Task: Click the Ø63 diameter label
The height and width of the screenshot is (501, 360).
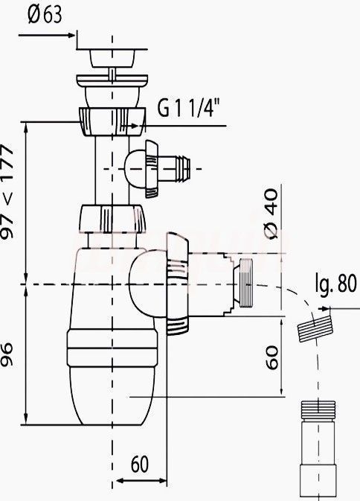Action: (45, 14)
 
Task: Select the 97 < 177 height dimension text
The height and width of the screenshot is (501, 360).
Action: (7, 191)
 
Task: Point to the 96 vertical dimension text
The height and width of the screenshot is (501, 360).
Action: (7, 354)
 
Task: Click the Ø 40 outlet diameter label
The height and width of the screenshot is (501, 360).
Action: (271, 214)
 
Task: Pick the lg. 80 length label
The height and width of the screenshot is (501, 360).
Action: (335, 283)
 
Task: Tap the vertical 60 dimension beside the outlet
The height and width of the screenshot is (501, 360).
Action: (271, 357)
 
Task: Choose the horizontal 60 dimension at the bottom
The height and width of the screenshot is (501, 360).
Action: (140, 464)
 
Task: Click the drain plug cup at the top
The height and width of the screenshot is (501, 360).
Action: (112, 58)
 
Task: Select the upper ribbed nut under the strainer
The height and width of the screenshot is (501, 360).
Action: (112, 122)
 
